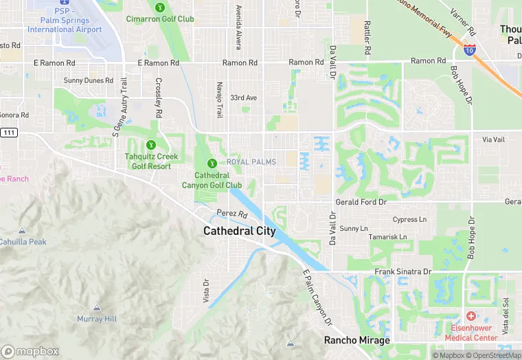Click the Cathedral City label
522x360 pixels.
[x=240, y=231]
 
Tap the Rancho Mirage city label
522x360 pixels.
[x=357, y=341]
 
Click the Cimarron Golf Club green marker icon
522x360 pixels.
[x=160, y=8]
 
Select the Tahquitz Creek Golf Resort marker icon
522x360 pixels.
[x=151, y=145]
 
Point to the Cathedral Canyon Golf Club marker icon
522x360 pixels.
[x=212, y=163]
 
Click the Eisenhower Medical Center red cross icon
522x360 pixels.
[x=471, y=316]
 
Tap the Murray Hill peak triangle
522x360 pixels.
[x=97, y=308]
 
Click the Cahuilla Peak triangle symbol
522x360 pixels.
[x=22, y=231]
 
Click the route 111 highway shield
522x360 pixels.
[x=8, y=132]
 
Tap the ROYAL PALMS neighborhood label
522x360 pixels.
[x=251, y=162]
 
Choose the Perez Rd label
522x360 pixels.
[x=231, y=214]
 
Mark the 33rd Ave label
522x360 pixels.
[x=243, y=98]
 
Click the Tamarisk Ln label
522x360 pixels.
[x=388, y=237]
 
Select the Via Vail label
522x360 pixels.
[x=493, y=139]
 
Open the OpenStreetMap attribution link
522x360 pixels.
[x=495, y=355]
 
